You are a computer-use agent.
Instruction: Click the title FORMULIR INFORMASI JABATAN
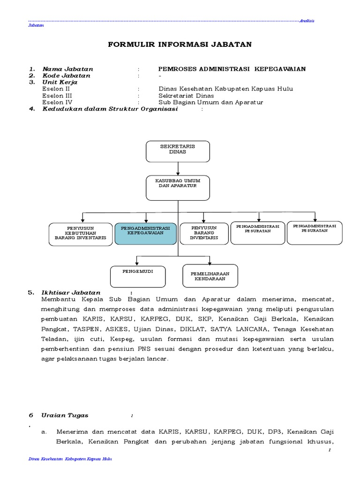[x=180, y=45]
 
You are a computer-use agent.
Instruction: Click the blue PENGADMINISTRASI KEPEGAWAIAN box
[x=146, y=233]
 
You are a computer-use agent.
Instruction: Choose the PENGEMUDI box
[x=138, y=276]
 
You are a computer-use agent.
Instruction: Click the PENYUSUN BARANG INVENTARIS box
[x=204, y=233]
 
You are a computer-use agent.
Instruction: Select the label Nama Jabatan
[x=68, y=69]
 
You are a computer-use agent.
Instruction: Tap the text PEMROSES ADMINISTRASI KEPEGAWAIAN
[x=232, y=69]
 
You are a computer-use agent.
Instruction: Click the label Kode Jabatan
[x=67, y=75]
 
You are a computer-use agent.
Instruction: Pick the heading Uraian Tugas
[x=65, y=415]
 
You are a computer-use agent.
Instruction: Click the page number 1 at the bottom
[x=330, y=450]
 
